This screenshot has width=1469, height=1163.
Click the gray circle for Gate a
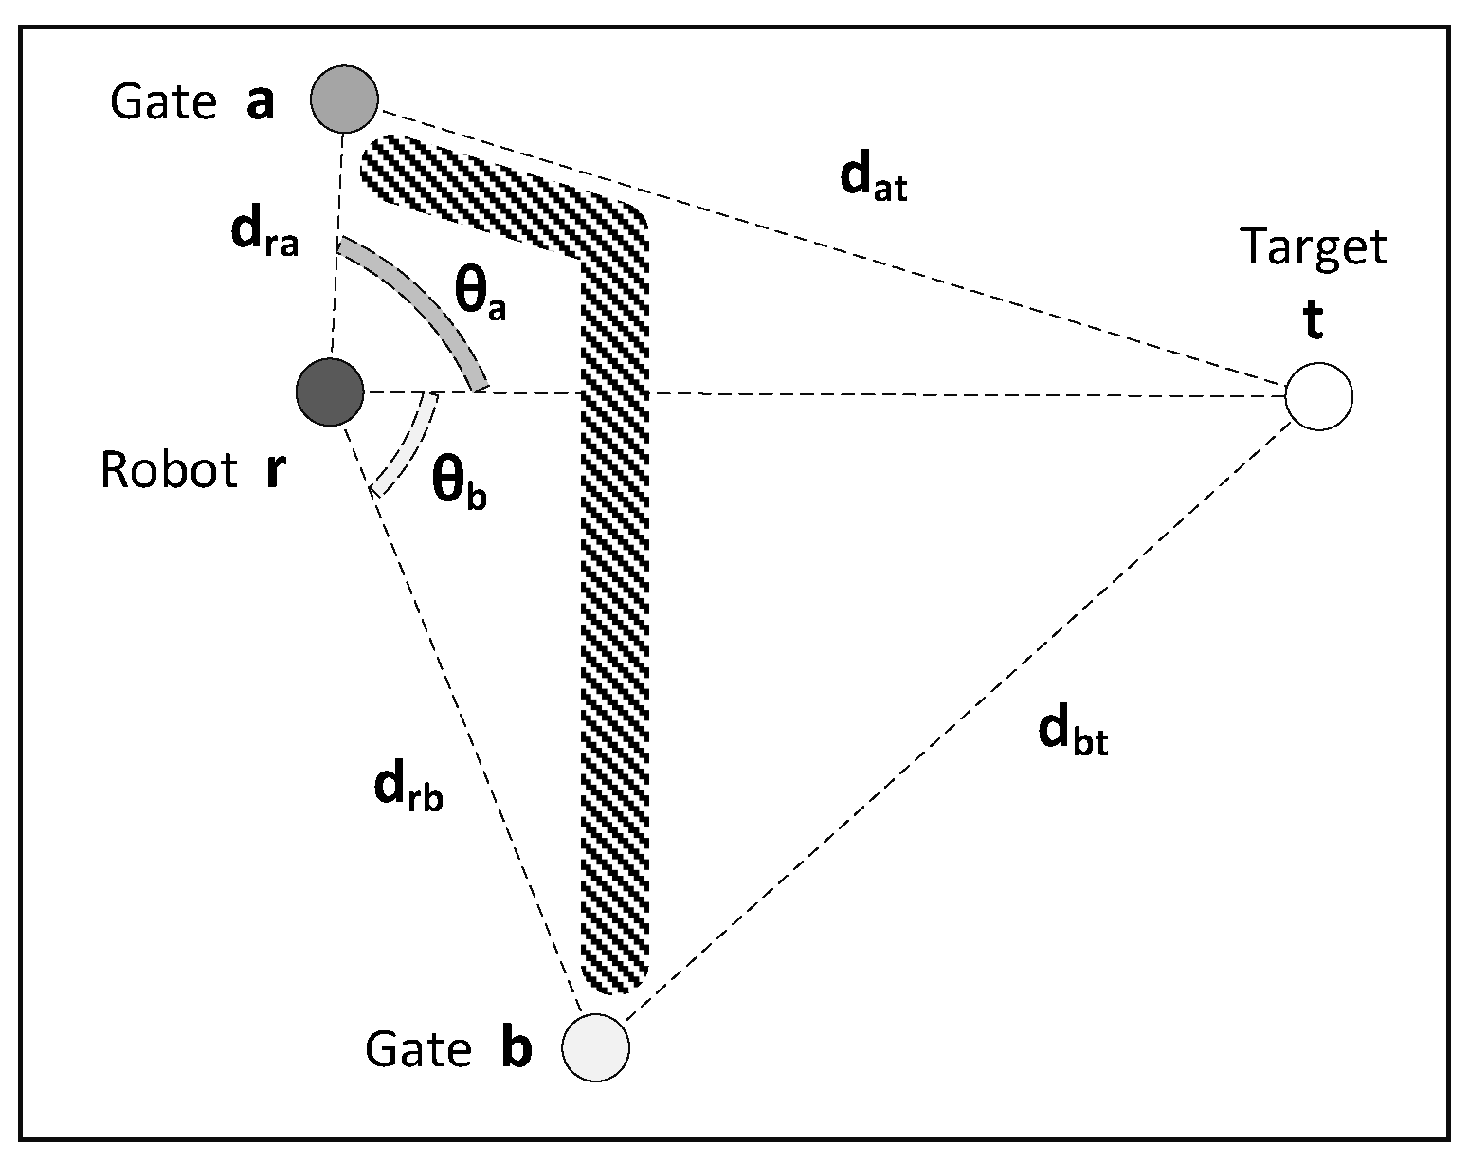click(x=345, y=99)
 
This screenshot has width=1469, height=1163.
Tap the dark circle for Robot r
click(x=330, y=392)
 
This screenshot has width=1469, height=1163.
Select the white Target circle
click(x=1318, y=396)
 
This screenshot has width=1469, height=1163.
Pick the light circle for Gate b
click(x=596, y=1047)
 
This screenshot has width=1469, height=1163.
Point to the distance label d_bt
click(x=1072, y=734)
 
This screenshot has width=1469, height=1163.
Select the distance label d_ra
click(x=264, y=235)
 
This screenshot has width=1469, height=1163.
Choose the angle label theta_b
click(x=459, y=484)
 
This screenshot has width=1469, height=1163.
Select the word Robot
click(x=169, y=471)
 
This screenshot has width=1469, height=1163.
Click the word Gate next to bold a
click(x=164, y=102)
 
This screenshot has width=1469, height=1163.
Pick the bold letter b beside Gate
click(x=515, y=1049)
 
